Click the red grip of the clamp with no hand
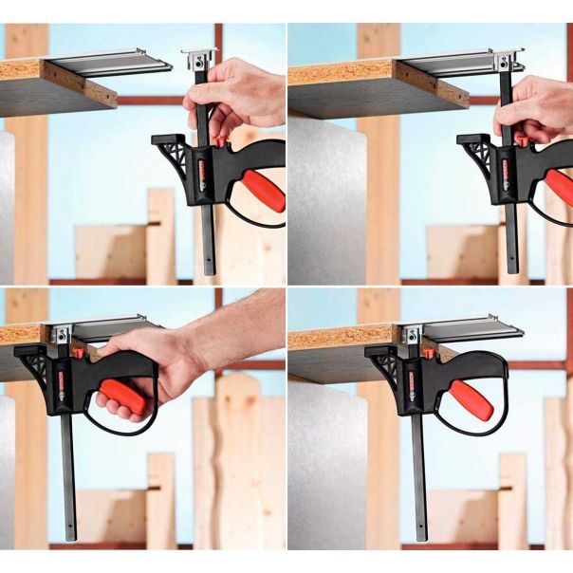[x=471, y=398]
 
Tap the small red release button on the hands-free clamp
[x=429, y=354]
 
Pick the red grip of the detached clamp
[x=261, y=190]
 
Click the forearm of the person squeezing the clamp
[x=237, y=323]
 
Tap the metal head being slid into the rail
[x=505, y=63]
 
